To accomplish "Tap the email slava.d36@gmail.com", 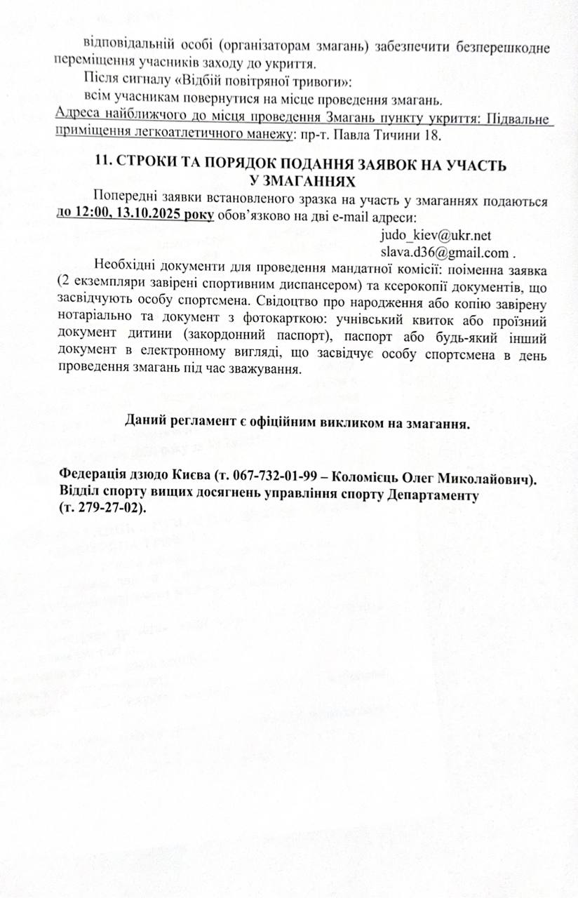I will click(444, 253).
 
